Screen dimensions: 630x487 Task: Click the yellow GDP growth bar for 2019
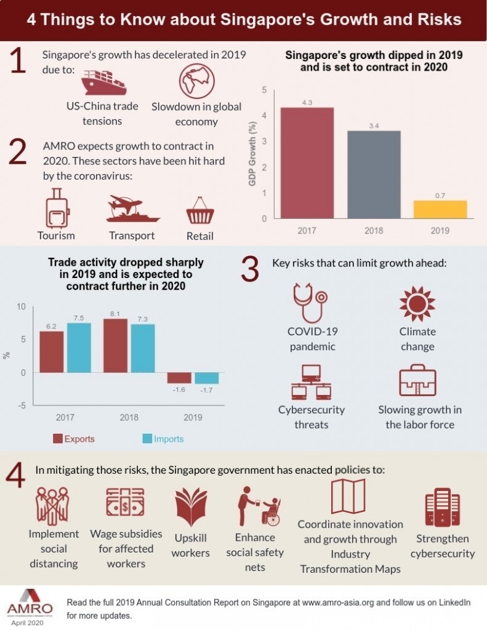click(x=439, y=209)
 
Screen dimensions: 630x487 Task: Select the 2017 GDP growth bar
click(x=307, y=163)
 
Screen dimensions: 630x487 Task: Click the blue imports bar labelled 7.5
click(x=78, y=348)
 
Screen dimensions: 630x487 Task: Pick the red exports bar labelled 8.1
click(x=115, y=346)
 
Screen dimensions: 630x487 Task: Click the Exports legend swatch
click(x=57, y=439)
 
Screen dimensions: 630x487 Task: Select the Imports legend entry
click(x=163, y=439)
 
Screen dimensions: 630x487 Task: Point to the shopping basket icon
click(x=199, y=213)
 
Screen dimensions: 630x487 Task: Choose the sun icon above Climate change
click(x=417, y=303)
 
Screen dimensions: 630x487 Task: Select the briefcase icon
click(x=417, y=382)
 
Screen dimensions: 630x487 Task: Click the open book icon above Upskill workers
click(x=190, y=508)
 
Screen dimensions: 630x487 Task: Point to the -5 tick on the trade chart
click(x=21, y=405)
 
